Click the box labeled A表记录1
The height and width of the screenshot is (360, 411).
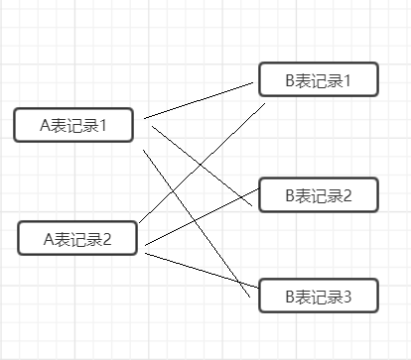(x=74, y=125)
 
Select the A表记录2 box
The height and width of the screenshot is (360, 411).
(x=78, y=239)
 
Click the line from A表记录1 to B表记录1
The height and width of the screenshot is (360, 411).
(x=204, y=100)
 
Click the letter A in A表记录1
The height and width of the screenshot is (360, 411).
(x=44, y=125)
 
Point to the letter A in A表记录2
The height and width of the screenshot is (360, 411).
(x=48, y=239)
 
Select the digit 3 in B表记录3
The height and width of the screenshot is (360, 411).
(x=347, y=296)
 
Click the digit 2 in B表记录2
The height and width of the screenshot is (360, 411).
(x=347, y=195)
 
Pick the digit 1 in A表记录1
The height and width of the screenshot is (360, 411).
(x=103, y=125)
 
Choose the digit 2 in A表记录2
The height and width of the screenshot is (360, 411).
(x=107, y=239)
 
